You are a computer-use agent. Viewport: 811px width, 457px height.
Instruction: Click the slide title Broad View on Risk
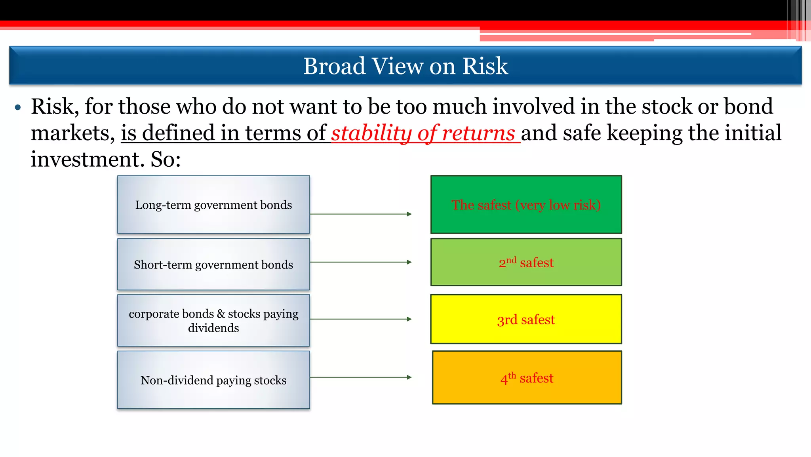pyautogui.click(x=405, y=66)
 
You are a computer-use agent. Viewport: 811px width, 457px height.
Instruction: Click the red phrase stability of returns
pyautogui.click(x=423, y=133)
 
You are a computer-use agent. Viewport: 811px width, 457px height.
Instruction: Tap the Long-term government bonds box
pyautogui.click(x=213, y=205)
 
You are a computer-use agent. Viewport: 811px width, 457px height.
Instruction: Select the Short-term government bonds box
pyautogui.click(x=213, y=264)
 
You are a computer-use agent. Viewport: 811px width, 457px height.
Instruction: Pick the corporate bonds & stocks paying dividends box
pyautogui.click(x=213, y=320)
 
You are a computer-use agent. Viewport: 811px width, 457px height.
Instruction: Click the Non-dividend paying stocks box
pyautogui.click(x=213, y=380)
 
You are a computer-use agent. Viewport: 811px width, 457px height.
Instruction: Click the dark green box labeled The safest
pyautogui.click(x=526, y=205)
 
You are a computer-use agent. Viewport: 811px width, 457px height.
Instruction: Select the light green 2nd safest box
pyautogui.click(x=526, y=262)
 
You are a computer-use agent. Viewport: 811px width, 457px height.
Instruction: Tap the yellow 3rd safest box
pyautogui.click(x=526, y=319)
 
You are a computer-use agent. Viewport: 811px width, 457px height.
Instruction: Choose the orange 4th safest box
pyautogui.click(x=527, y=377)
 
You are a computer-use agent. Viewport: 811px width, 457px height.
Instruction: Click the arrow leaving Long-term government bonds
pyautogui.click(x=360, y=214)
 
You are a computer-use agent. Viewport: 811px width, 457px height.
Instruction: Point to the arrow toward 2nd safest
pyautogui.click(x=360, y=262)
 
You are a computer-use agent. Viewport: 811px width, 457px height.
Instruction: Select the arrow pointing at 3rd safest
pyautogui.click(x=360, y=319)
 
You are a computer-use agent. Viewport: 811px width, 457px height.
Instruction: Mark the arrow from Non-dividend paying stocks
pyautogui.click(x=360, y=377)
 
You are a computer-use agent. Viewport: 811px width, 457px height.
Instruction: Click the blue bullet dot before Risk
pyautogui.click(x=17, y=107)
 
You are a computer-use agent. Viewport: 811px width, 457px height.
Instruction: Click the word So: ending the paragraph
pyautogui.click(x=166, y=159)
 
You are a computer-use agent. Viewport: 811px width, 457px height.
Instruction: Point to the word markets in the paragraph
pyautogui.click(x=72, y=133)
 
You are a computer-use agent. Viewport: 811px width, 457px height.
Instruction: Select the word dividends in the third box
pyautogui.click(x=213, y=328)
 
